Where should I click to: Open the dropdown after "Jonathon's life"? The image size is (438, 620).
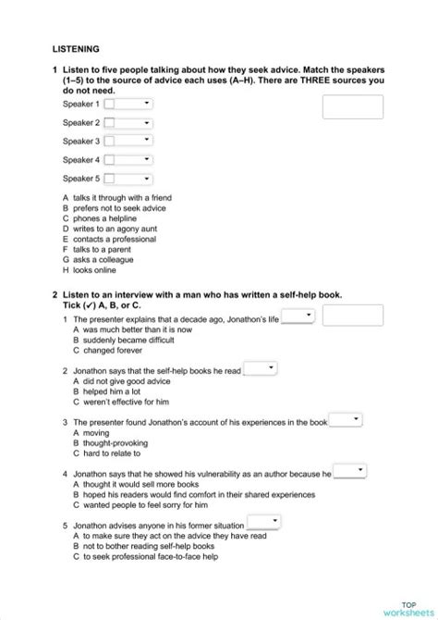(297, 316)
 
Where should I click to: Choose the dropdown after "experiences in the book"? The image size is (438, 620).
(344, 420)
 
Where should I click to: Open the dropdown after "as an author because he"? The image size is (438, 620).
(349, 472)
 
